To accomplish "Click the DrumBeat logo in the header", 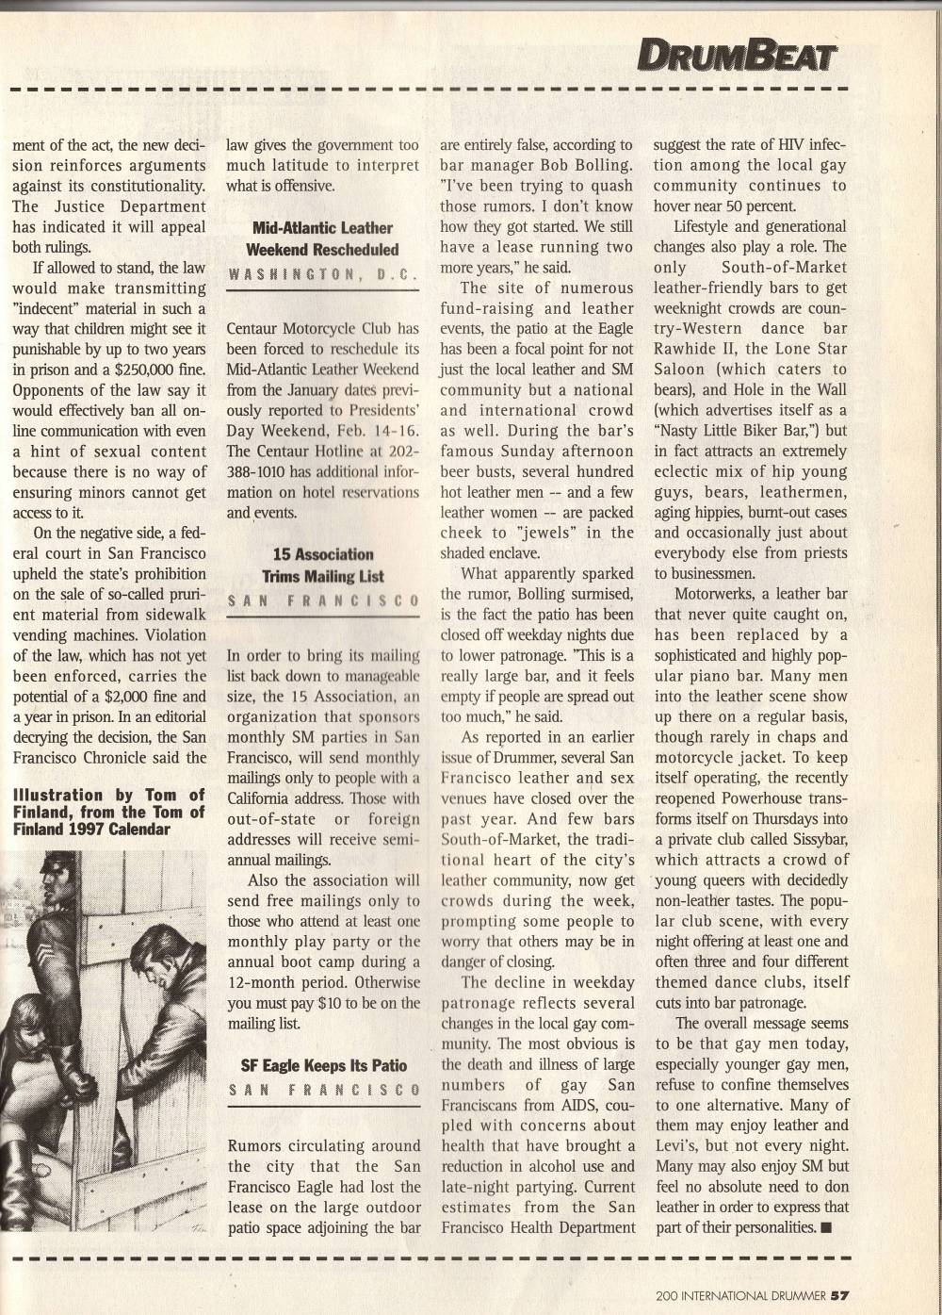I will click(x=736, y=57).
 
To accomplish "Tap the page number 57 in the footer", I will click(x=841, y=1294).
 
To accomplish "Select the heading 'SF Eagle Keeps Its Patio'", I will click(x=323, y=1065).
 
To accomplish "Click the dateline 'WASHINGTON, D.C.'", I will click(x=323, y=274).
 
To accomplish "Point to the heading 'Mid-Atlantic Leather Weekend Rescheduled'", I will click(x=323, y=238).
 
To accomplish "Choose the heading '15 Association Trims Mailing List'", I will click(x=323, y=565).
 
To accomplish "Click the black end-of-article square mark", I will click(x=826, y=1227).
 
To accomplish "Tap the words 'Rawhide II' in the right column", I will click(x=694, y=349).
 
